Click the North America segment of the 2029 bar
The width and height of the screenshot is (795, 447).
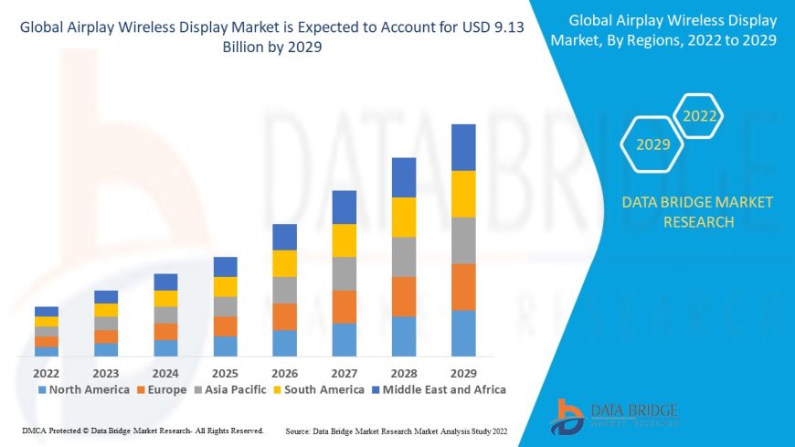(463, 334)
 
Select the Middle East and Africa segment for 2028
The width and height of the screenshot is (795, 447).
(404, 177)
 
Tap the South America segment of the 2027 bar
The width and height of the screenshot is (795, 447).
(344, 240)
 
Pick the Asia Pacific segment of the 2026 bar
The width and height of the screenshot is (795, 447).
(284, 290)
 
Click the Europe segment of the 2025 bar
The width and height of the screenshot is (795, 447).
(225, 326)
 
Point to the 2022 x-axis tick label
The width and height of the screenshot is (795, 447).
(47, 373)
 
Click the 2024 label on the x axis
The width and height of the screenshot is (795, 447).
(165, 373)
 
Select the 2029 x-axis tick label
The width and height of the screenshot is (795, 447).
(463, 373)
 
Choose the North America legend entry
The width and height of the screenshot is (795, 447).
(82, 389)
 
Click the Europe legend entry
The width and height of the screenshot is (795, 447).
(162, 389)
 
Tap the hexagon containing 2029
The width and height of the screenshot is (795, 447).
(653, 144)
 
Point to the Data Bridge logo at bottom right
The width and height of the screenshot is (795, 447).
(614, 415)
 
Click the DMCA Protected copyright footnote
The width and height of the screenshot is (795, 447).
(143, 431)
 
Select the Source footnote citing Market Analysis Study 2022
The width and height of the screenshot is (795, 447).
(397, 431)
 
